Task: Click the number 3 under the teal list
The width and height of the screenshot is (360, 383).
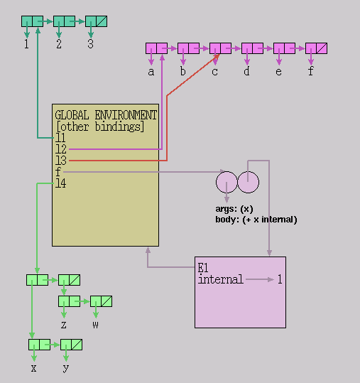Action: point(91,44)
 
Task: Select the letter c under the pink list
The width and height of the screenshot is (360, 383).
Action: point(214,72)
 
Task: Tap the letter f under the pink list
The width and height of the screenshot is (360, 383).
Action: point(310,71)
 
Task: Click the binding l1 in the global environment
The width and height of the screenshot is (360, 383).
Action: point(60,138)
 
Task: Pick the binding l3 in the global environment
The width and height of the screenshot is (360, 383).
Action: point(61,161)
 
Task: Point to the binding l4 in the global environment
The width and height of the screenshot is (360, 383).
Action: point(61,183)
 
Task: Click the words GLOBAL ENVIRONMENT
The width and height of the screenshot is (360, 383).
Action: point(106,115)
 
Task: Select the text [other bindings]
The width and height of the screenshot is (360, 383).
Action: point(100,126)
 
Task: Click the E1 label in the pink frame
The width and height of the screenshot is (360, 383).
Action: point(203,268)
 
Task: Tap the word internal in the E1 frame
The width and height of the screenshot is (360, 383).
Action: point(221,279)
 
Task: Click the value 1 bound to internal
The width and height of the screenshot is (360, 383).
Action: point(280,279)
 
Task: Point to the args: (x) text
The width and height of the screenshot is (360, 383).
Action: point(234,209)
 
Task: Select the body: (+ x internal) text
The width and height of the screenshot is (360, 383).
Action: point(256,220)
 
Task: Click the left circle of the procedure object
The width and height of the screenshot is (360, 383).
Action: point(227,182)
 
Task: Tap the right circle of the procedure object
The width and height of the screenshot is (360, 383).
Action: point(249,182)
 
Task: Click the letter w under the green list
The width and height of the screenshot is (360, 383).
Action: point(95,325)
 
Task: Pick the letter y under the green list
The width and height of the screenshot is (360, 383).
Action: point(65,368)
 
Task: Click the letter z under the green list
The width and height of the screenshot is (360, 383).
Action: point(64,325)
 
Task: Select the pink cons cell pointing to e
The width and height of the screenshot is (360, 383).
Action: point(284,48)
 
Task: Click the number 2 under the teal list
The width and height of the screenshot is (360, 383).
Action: point(59,44)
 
